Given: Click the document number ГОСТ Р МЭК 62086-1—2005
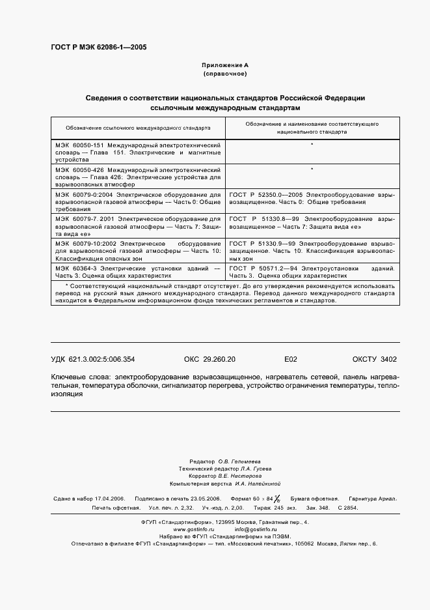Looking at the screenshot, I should point(98,48).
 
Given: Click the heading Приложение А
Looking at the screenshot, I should point(224,65).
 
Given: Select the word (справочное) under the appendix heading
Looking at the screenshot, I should point(224,74).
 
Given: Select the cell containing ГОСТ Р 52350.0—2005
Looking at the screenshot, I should point(312,197).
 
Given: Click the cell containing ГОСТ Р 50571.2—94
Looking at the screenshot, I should point(312,272).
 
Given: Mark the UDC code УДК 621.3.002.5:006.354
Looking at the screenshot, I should point(92,359).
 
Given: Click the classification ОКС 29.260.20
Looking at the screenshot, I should point(210,359).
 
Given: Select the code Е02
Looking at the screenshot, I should point(291,359).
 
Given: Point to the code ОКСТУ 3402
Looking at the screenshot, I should point(374,359).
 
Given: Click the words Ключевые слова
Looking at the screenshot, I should point(80,377).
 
